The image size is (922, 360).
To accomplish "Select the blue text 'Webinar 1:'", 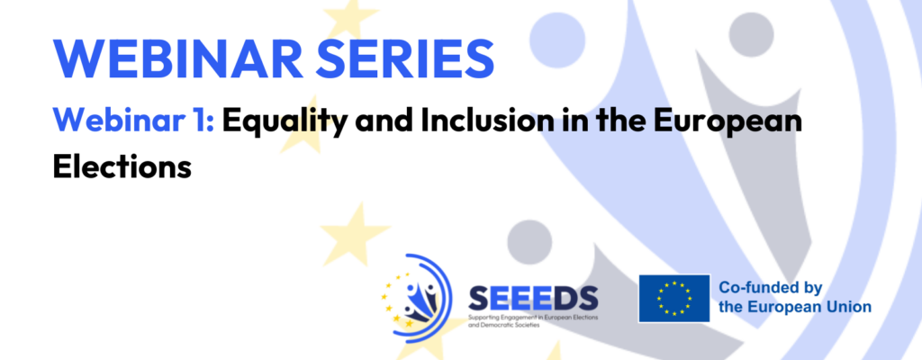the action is pyautogui.click(x=134, y=121).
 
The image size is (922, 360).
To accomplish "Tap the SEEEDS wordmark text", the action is pyautogui.click(x=533, y=300).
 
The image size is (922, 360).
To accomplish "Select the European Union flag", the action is pyautogui.click(x=673, y=298).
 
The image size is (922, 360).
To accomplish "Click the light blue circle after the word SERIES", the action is pyautogui.click(x=557, y=40).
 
